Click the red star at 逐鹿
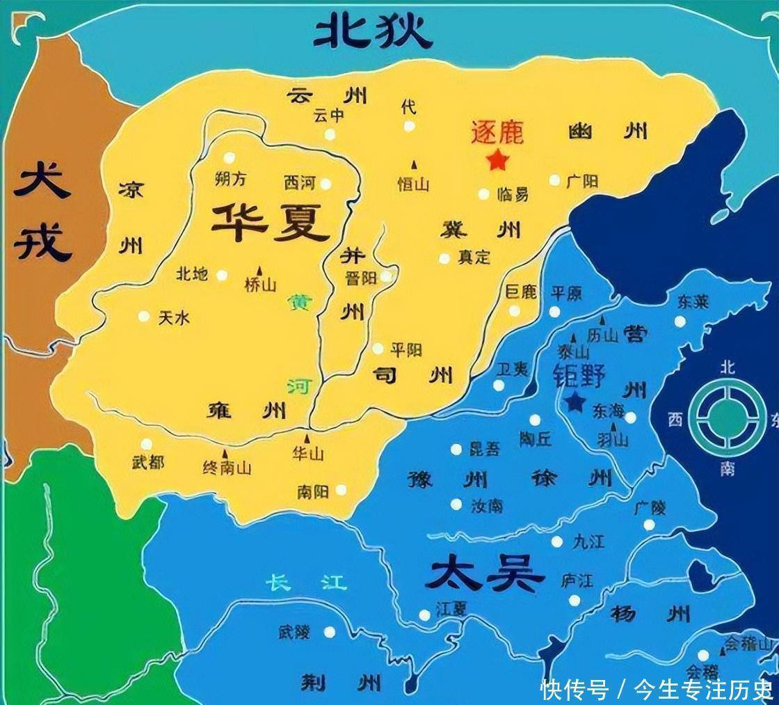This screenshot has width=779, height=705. pos(497,161)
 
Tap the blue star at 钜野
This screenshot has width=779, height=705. pos(575,402)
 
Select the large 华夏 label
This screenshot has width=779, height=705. pos(271,222)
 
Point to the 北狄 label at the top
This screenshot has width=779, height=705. pos(373,31)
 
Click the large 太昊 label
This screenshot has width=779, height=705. pos(484,576)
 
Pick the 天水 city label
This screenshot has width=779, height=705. pos(174,318)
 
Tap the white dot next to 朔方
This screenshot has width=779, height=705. pos(230,158)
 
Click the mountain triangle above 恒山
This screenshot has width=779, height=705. pos(415,165)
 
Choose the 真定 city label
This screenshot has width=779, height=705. pos(474,257)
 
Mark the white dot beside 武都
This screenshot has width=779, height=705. pos(146,444)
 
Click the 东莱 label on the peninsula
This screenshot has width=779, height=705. pos(692,301)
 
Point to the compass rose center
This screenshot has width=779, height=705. pos(726,417)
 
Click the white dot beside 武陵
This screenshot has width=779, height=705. pos(330,632)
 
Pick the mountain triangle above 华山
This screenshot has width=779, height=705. pos(307,438)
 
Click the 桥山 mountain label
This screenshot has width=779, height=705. pos(261,285)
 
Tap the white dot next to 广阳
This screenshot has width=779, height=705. pos(554,180)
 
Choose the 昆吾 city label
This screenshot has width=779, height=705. pos(484,449)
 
